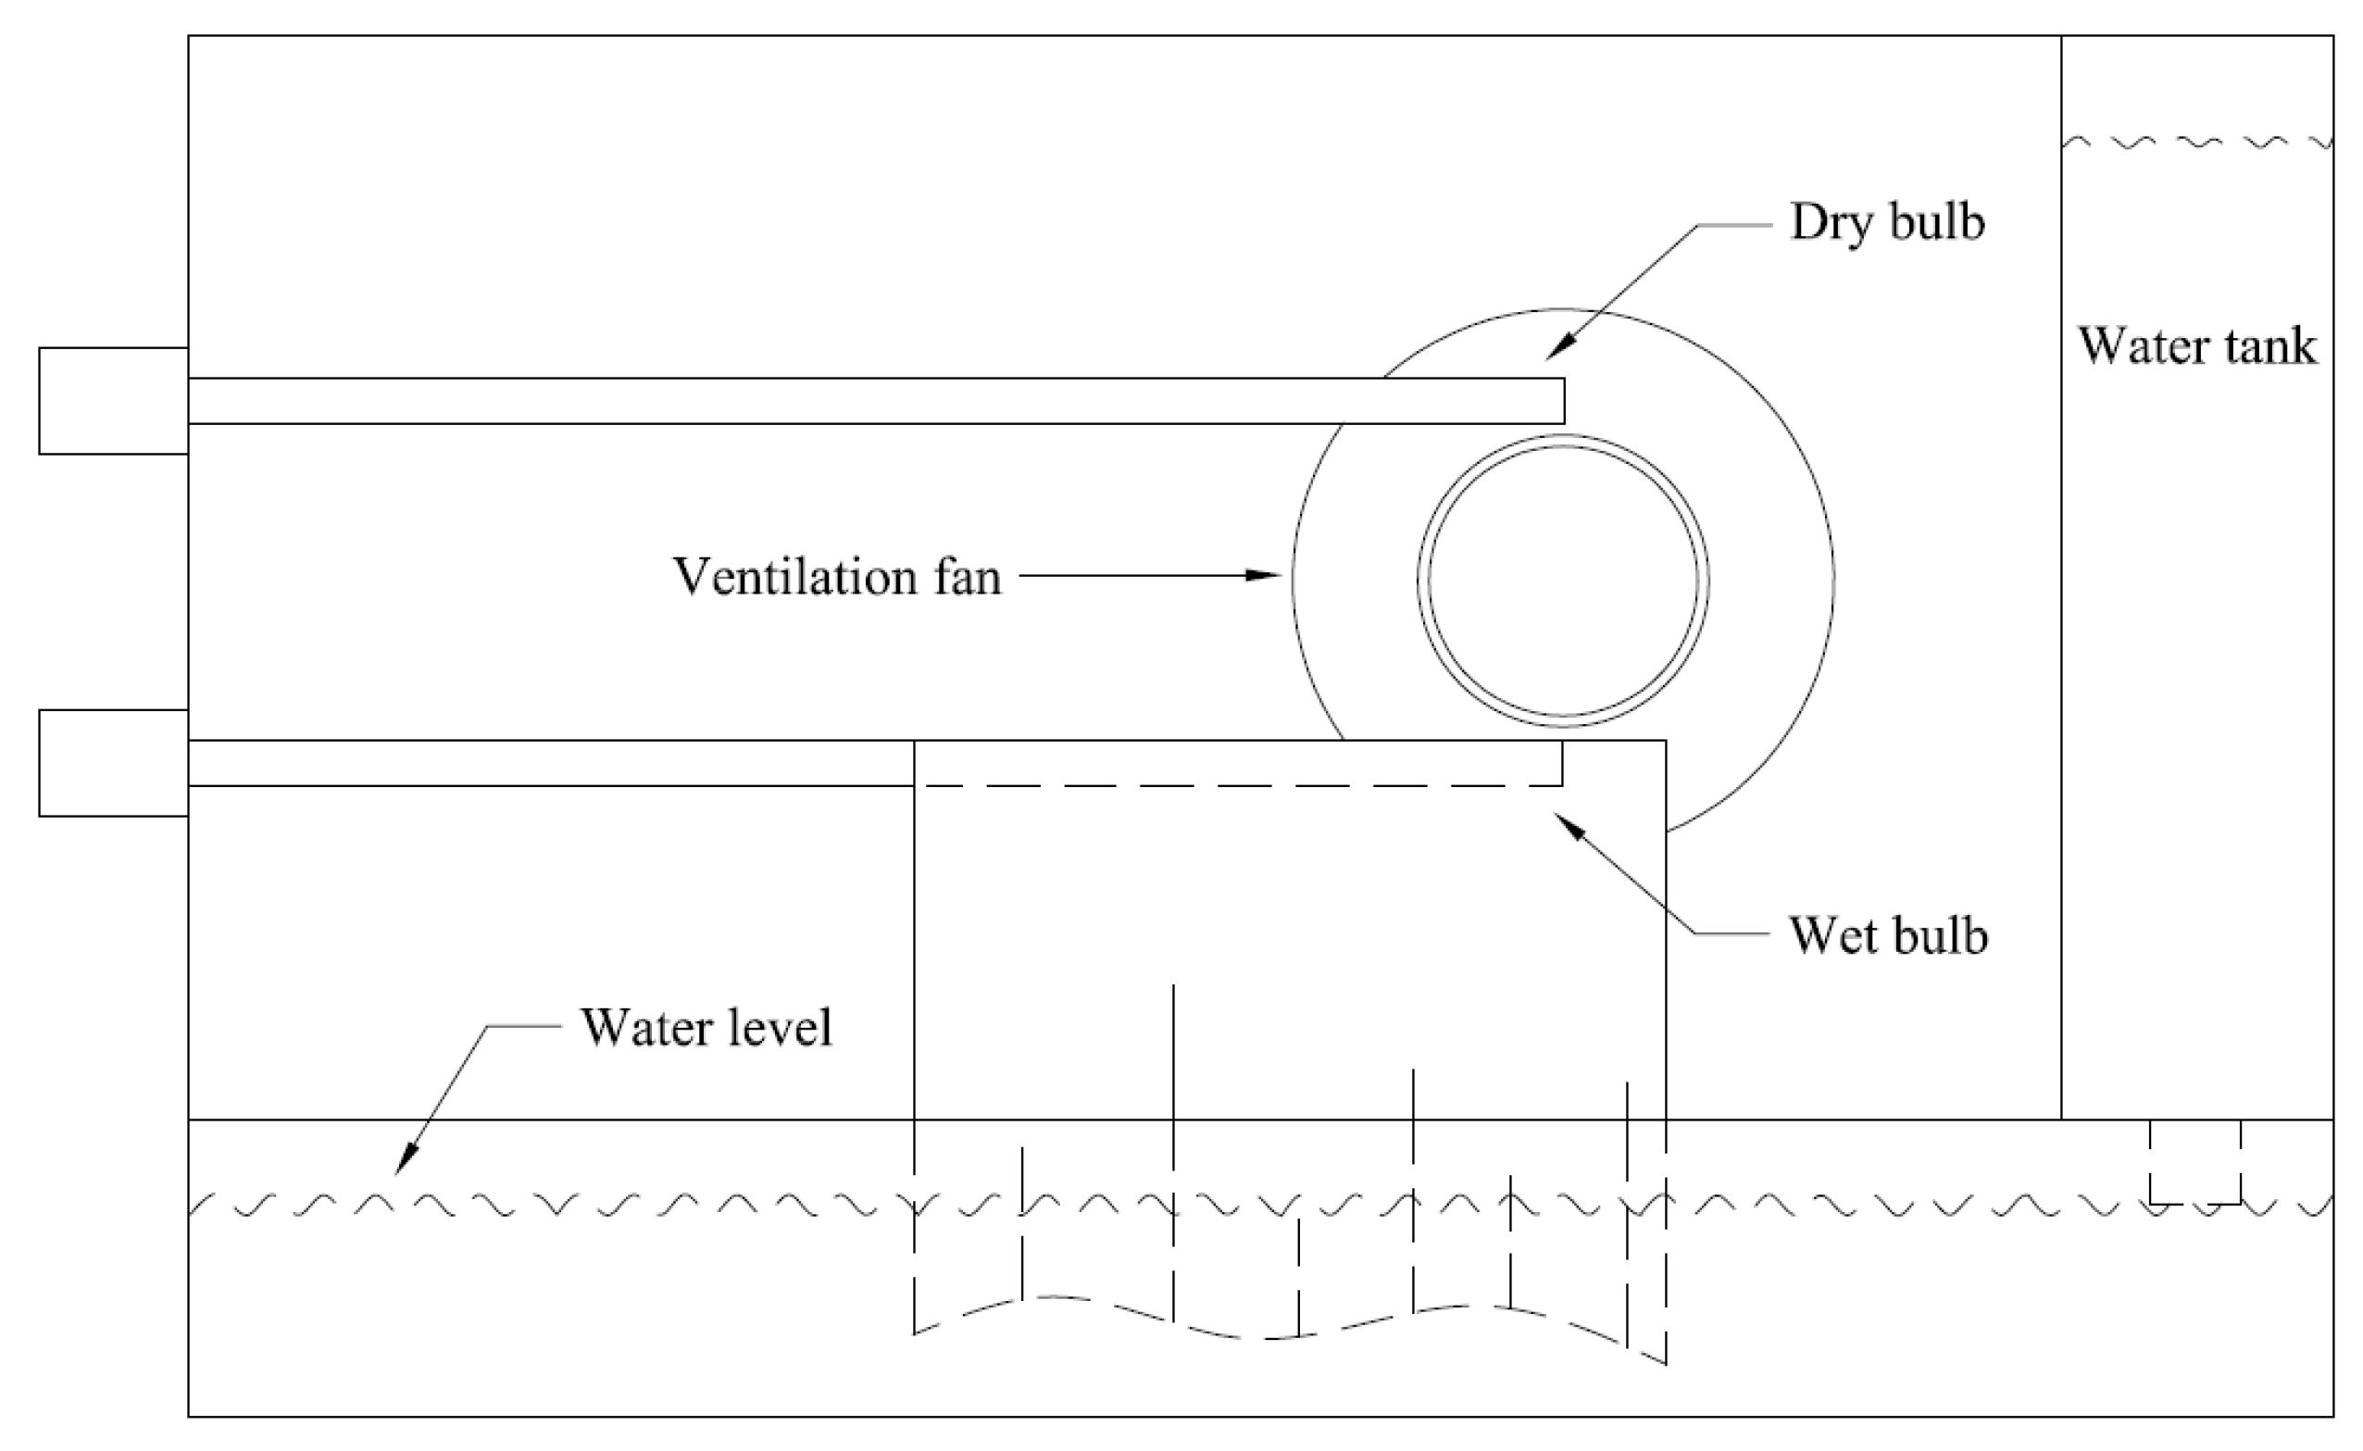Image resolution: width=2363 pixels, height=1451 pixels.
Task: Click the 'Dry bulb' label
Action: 1886,222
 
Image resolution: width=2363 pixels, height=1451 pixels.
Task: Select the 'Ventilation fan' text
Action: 837,577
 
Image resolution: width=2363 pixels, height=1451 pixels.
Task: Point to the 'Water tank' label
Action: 2196,345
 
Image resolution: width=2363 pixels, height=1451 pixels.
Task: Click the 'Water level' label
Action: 706,1028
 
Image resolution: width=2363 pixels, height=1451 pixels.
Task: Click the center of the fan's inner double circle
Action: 1563,581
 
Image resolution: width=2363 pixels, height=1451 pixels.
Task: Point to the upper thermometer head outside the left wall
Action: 113,400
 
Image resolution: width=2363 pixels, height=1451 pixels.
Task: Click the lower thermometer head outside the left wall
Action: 113,763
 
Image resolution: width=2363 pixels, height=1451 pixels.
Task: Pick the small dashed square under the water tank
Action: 2195,1163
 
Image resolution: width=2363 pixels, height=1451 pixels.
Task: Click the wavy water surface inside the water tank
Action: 2196,143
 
